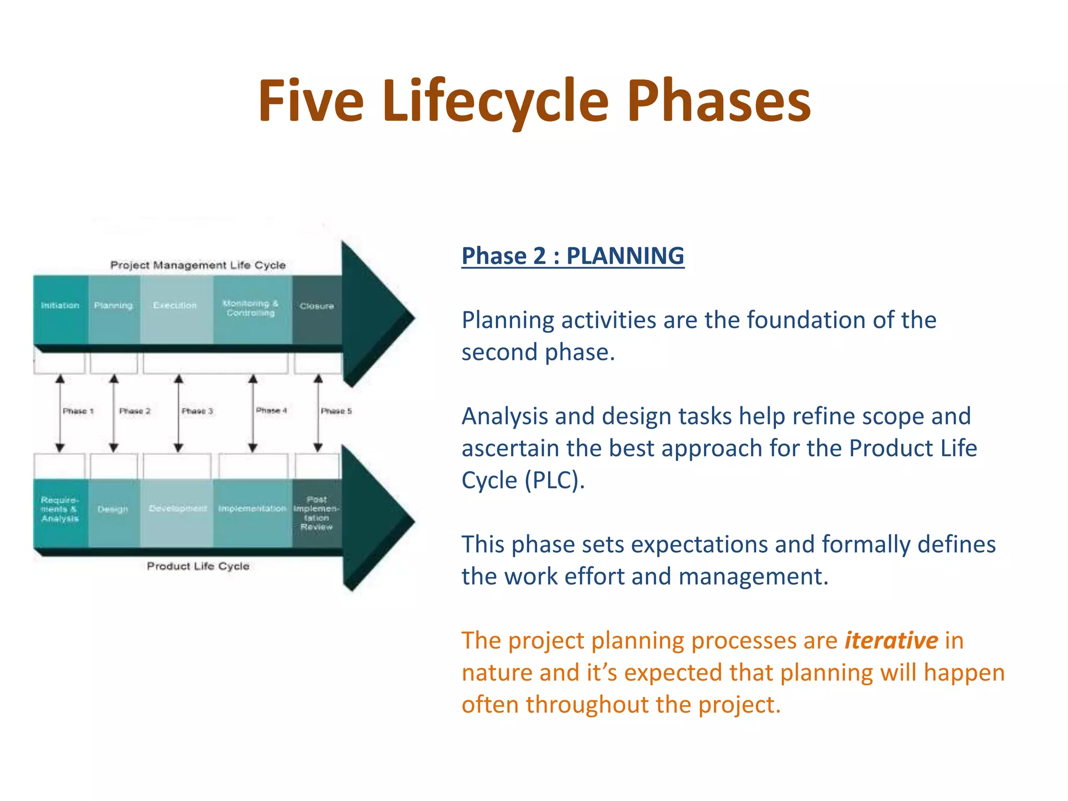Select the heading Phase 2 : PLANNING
(x=573, y=256)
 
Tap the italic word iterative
(x=891, y=640)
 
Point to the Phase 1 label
(x=78, y=411)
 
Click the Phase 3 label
(x=197, y=411)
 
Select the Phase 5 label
(x=336, y=411)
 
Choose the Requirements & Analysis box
(x=60, y=510)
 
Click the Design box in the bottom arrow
(x=113, y=510)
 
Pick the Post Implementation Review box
(x=317, y=513)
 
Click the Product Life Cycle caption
(x=198, y=566)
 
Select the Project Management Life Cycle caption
(x=198, y=265)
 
